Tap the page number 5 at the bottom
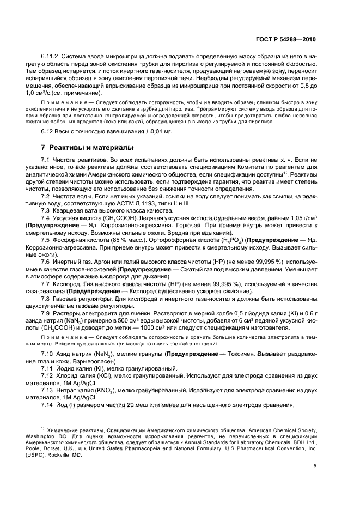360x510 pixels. pos(315,465)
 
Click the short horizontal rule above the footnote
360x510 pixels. pos(44,423)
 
